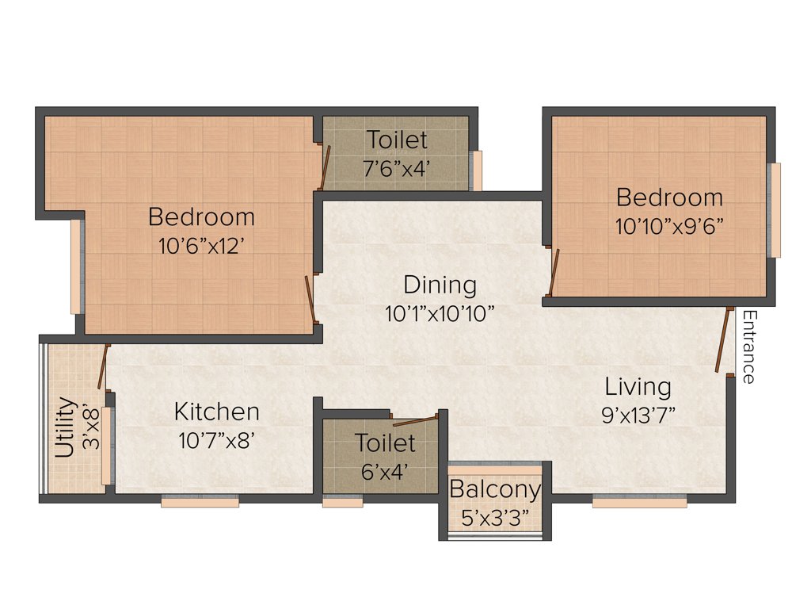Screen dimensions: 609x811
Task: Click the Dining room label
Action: point(440,285)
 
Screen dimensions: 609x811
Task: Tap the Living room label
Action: point(638,387)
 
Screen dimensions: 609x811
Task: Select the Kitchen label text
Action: point(216,412)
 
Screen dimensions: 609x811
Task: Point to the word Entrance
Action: point(747,347)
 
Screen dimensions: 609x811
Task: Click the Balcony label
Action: point(495,490)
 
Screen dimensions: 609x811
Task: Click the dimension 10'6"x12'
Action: point(201,245)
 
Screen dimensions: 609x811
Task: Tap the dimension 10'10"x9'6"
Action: point(669,225)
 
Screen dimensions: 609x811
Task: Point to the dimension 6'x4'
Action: point(384,471)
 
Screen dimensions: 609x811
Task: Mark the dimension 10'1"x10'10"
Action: point(440,313)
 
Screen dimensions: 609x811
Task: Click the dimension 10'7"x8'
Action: point(216,440)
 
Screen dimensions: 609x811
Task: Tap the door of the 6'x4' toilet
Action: point(415,420)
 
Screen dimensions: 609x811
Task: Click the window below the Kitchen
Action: point(200,501)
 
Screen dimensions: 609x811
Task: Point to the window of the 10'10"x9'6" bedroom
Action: point(775,210)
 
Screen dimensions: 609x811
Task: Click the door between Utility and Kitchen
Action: point(102,367)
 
